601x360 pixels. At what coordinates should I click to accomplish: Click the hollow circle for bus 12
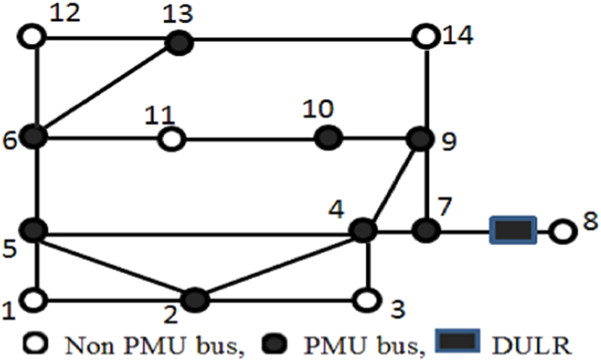pos(33,38)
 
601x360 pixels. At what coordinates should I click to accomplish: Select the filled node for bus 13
pos(179,40)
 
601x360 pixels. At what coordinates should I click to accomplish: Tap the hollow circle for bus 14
pos(425,39)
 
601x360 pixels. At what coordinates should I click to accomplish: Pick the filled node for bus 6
pos(34,137)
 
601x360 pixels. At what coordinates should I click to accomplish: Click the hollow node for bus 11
pos(171,138)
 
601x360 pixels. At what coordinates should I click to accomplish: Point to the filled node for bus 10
pos(327,137)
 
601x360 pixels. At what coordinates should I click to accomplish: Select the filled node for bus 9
pos(421,138)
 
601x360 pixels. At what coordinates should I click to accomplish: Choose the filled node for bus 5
pos(34,232)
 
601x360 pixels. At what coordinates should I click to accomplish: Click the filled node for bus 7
pos(426,231)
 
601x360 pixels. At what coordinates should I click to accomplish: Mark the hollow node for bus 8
pos(561,232)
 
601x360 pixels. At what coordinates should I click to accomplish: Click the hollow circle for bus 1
pos(33,299)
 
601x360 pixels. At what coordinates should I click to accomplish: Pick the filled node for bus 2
pos(196,299)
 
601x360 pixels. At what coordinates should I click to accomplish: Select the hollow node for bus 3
pos(366,299)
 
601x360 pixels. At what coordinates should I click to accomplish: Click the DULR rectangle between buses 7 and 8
pos(512,232)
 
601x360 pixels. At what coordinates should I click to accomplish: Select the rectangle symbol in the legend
pos(457,342)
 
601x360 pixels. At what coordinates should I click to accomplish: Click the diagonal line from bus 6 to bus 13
pos(106,89)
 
